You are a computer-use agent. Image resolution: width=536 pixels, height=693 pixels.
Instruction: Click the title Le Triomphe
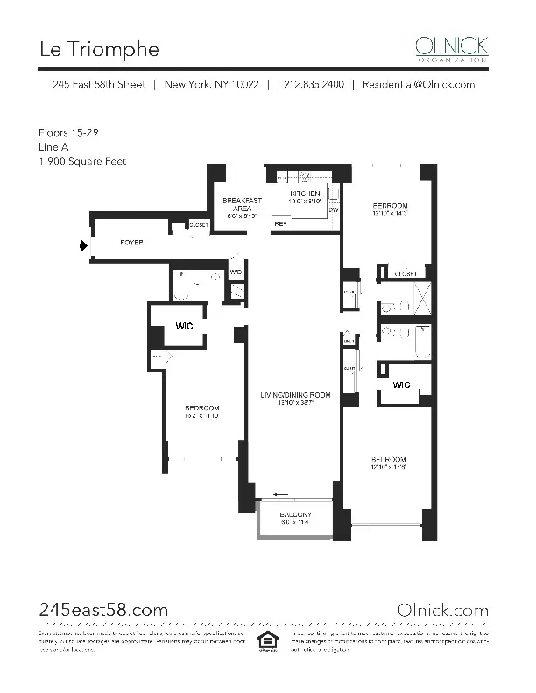(x=99, y=48)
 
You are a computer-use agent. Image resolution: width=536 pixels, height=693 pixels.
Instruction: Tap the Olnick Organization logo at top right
(x=451, y=47)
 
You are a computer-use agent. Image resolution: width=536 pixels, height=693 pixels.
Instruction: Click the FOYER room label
(x=131, y=242)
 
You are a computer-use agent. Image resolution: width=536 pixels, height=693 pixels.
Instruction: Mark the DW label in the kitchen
(x=333, y=210)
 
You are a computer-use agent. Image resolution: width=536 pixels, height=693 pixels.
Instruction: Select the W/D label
(x=235, y=272)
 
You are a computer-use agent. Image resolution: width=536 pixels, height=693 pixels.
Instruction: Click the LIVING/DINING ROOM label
(x=295, y=396)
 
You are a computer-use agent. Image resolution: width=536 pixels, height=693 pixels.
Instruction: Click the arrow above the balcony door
(x=281, y=494)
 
